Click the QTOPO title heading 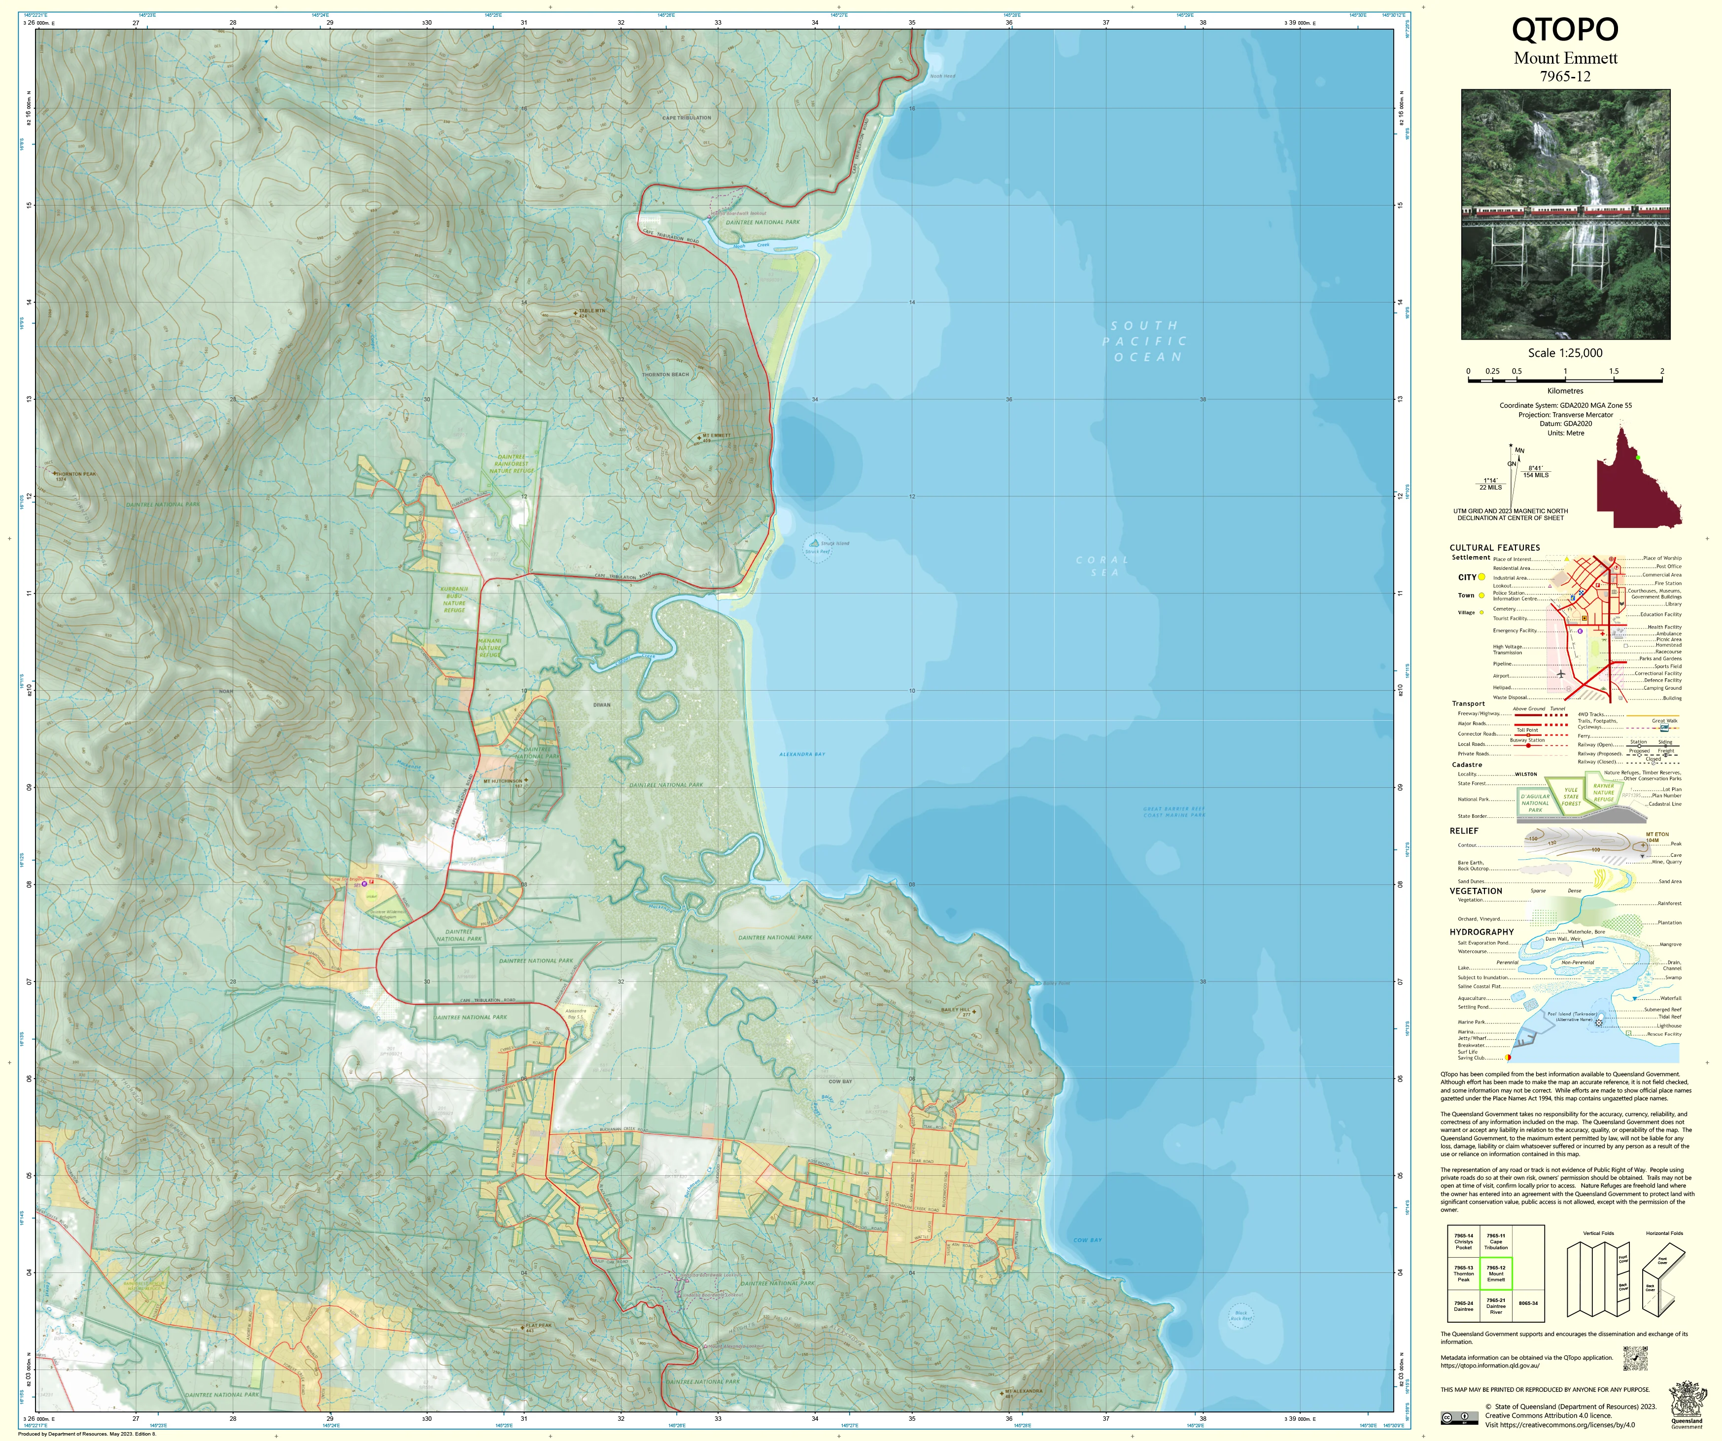coord(1565,30)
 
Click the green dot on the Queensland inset coord(1638,457)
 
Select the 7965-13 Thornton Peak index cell coord(1464,1274)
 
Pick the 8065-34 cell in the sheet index coord(1528,1302)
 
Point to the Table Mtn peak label coord(591,312)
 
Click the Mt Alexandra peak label coord(1024,1391)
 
